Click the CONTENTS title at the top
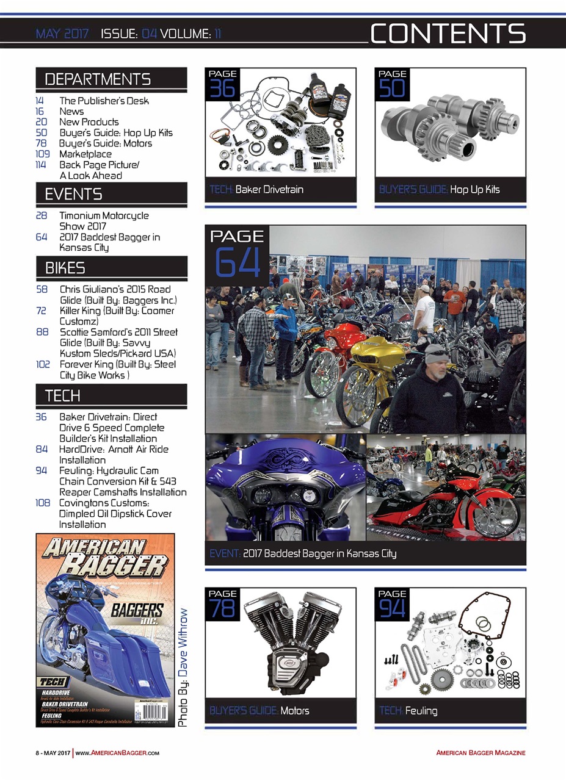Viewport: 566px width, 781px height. pos(448,34)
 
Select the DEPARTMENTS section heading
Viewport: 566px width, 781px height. pos(98,79)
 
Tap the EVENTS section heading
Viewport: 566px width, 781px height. pos(73,195)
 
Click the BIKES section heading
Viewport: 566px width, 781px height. pos(65,268)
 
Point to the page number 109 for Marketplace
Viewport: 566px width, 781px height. pos(42,154)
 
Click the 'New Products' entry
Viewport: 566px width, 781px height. pos(89,122)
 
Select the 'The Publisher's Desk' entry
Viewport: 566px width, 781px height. pos(104,101)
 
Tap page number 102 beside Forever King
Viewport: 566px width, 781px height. pos(42,365)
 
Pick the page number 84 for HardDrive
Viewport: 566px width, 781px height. pos(42,449)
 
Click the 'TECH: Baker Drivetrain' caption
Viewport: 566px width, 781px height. pos(256,190)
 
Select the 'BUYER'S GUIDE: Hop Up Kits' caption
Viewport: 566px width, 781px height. pos(439,190)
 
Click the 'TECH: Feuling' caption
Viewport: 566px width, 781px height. pos(408,711)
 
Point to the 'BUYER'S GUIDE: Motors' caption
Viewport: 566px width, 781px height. pos(259,711)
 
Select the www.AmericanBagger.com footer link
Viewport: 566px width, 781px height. pos(118,753)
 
